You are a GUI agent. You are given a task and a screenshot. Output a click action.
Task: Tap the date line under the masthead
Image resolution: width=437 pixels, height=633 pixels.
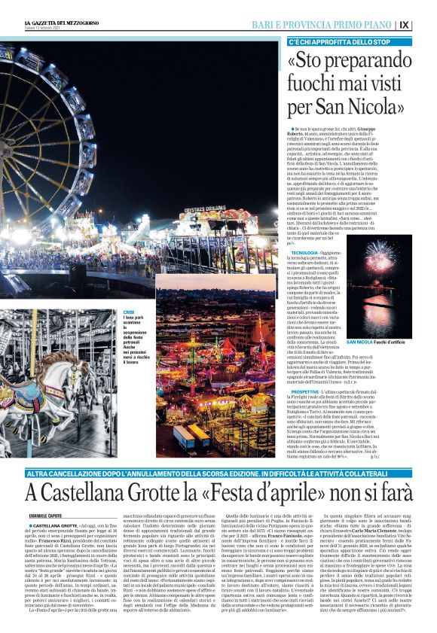(x=46, y=30)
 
